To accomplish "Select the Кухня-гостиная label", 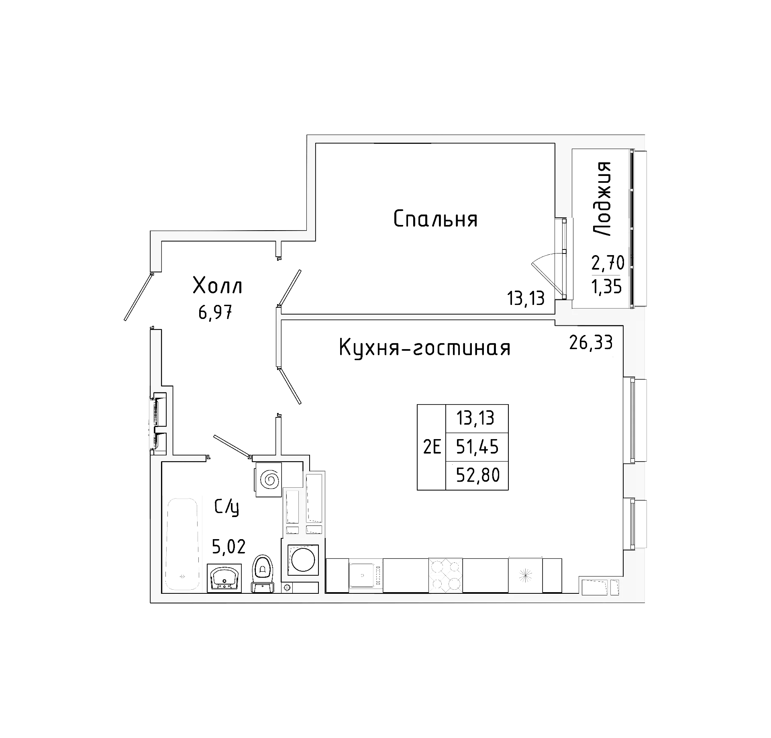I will (424, 348).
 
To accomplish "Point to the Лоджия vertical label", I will (602, 199).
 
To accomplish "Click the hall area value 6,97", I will (216, 312).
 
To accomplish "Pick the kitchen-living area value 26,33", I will (591, 343).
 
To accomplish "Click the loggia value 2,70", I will (608, 264).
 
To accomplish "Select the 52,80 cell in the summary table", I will (477, 476).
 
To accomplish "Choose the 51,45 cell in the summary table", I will (477, 447).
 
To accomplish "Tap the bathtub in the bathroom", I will (183, 544).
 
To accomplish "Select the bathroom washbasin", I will (224, 578).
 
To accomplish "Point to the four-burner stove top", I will (445, 575).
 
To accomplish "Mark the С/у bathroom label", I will (227, 508).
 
